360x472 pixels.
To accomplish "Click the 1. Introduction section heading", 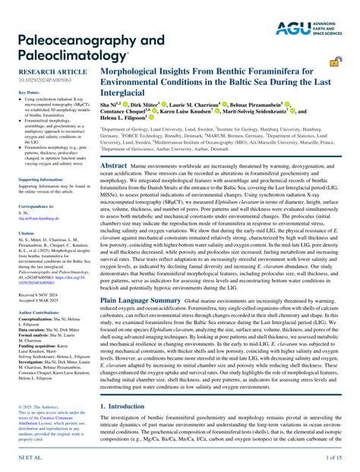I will click(125, 406).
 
